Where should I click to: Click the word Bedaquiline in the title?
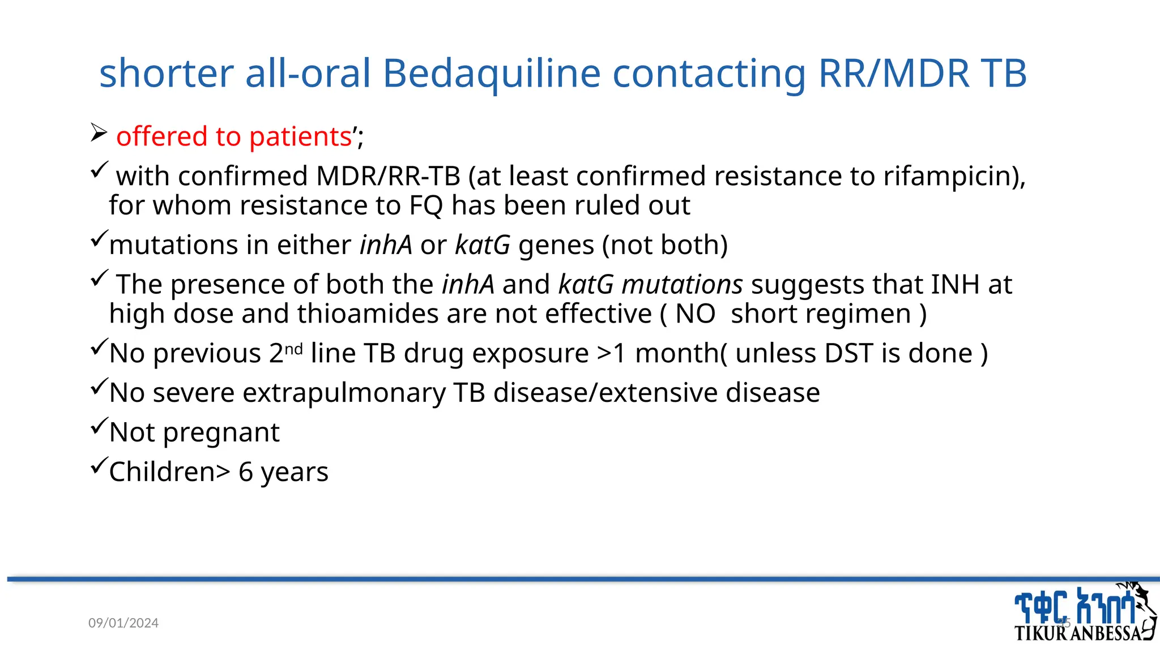(x=491, y=74)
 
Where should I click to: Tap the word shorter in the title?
(x=167, y=74)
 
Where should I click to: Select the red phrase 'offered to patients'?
(x=234, y=136)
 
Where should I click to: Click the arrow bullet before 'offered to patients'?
(x=99, y=133)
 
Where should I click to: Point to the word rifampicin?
(x=954, y=176)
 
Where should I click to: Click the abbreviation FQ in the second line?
(x=426, y=205)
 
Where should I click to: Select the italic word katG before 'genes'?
(x=483, y=245)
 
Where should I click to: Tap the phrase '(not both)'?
(x=664, y=245)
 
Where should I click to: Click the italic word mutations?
(x=682, y=284)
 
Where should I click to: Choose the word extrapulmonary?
(x=344, y=393)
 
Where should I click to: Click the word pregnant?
(x=221, y=432)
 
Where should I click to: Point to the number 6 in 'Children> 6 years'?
(x=245, y=472)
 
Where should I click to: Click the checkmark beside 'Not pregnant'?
(x=99, y=425)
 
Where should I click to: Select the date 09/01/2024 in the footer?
(x=123, y=623)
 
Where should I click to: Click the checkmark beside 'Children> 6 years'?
(x=99, y=465)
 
